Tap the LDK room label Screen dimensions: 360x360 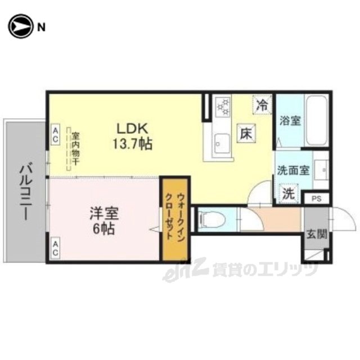point(132,129)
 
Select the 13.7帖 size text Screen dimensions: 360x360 point(132,144)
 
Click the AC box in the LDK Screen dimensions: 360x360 point(55,134)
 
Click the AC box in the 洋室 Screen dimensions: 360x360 point(55,249)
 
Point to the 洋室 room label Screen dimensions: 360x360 point(104,213)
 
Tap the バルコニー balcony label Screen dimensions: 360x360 point(26,192)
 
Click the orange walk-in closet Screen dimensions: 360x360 point(175,219)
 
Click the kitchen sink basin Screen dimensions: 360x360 point(222,143)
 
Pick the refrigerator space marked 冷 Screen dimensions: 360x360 point(262,105)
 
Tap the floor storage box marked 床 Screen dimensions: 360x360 point(246,133)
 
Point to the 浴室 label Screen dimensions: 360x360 point(290,121)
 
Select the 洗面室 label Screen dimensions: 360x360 point(294,170)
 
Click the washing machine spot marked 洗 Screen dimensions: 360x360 point(289,193)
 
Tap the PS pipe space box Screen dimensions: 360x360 point(316,199)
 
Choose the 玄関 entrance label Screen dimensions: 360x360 point(317,235)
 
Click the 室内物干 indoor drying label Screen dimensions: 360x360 point(75,148)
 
